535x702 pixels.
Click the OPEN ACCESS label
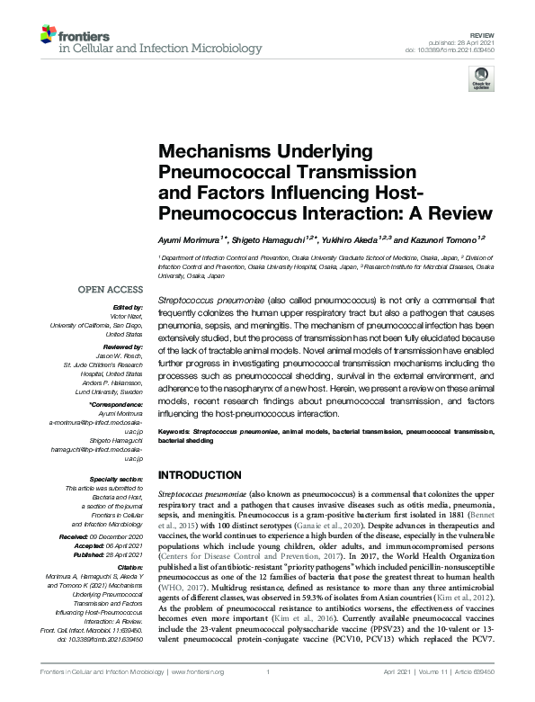pos(111,291)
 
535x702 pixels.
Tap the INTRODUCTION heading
pos(201,474)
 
